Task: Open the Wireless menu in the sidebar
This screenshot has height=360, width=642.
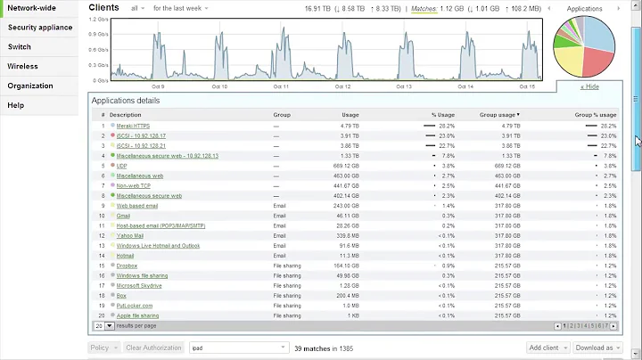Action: tap(22, 66)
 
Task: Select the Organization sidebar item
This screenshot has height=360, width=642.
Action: tap(30, 86)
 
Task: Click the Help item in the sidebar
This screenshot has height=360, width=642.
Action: tap(15, 105)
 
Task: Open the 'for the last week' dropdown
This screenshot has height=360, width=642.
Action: tap(180, 8)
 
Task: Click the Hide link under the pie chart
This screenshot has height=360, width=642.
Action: tap(589, 86)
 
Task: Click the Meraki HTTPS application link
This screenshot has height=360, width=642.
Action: tap(135, 127)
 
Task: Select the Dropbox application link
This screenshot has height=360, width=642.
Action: tap(127, 266)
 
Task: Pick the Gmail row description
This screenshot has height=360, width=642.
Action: tap(123, 216)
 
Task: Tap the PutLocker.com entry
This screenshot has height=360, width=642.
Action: tap(134, 305)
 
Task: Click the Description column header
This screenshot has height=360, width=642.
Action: tap(125, 114)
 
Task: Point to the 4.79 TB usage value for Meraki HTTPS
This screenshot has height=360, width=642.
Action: tap(349, 127)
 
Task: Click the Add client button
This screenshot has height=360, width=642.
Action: tap(545, 348)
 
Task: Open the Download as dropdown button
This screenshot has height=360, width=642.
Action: tap(594, 348)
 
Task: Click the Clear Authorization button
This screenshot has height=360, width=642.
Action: tap(152, 348)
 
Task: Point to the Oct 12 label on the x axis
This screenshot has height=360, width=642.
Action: tap(342, 86)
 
